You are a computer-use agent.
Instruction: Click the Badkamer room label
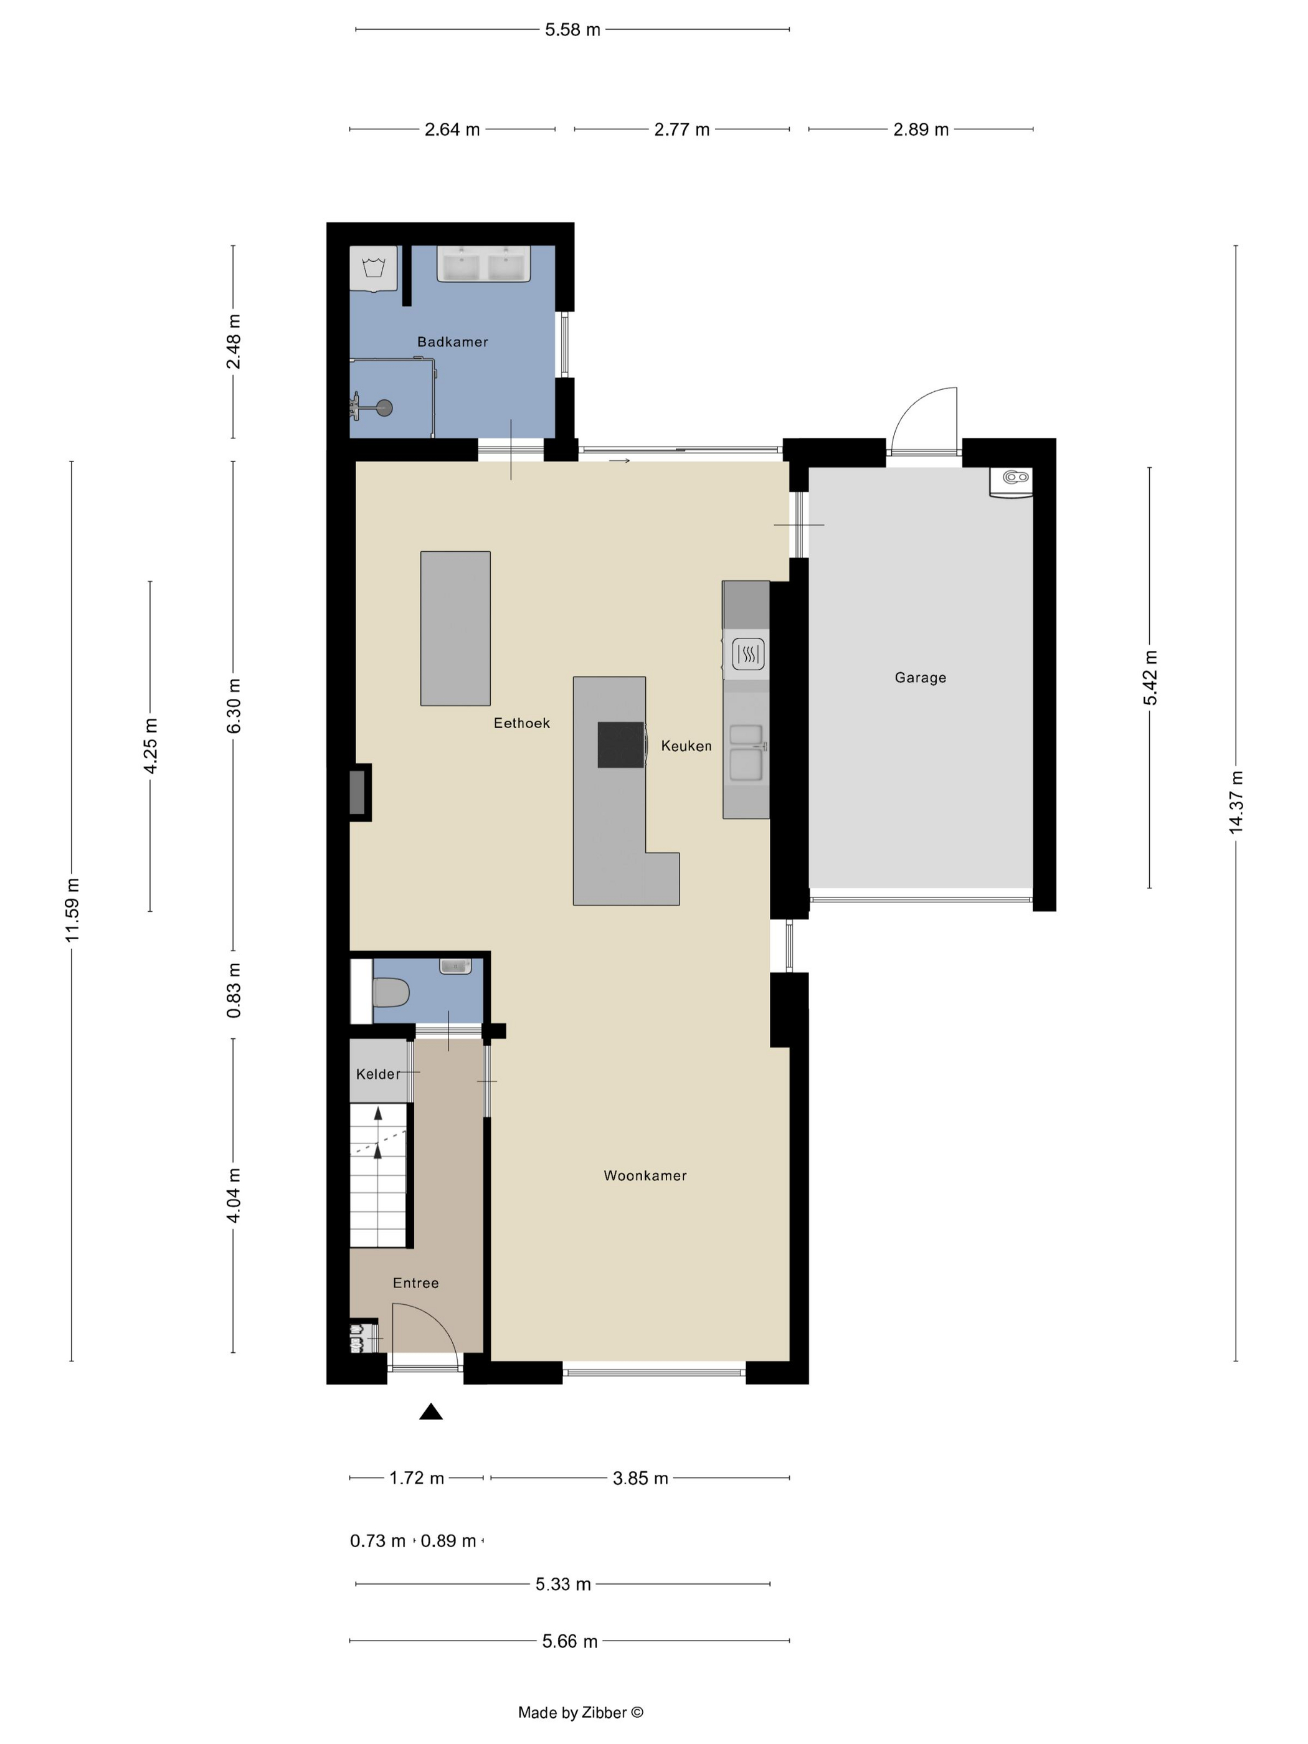point(453,341)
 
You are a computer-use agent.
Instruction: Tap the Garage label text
point(920,677)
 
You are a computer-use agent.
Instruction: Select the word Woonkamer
point(645,1175)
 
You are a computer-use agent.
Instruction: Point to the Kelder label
point(377,1074)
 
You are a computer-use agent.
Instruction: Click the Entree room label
point(415,1282)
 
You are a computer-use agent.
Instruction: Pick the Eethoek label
point(522,723)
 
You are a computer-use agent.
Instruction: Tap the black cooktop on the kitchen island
point(621,745)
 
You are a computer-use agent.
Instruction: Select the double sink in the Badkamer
point(483,263)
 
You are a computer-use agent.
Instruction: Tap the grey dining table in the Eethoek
point(455,628)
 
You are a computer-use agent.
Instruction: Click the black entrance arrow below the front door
point(430,1411)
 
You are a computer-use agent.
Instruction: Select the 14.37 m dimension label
point(1236,802)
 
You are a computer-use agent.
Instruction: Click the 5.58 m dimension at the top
point(572,30)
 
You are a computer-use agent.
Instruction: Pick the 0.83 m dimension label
point(234,990)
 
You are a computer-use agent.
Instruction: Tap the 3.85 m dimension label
point(640,1478)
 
